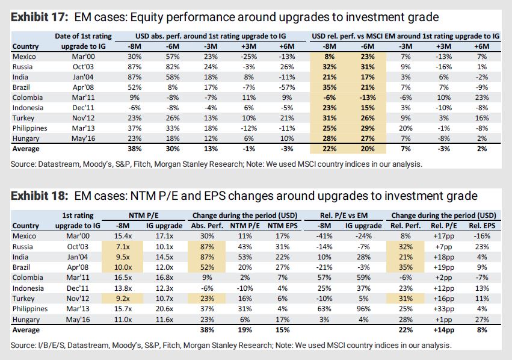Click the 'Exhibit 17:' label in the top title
[x=37, y=17]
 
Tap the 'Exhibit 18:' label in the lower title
[x=37, y=196]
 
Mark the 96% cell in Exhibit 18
[x=361, y=308]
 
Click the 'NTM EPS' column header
[x=279, y=226]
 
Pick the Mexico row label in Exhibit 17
[x=23, y=57]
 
